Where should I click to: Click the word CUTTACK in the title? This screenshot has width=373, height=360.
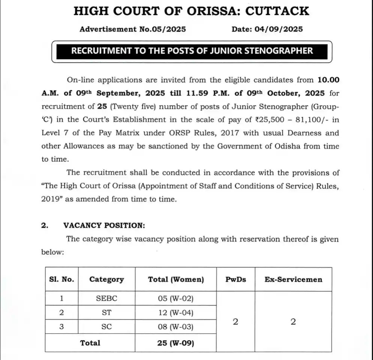pyautogui.click(x=277, y=10)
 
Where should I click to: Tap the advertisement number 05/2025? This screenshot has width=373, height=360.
pyautogui.click(x=169, y=29)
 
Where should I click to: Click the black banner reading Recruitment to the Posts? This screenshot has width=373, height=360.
pyautogui.click(x=192, y=51)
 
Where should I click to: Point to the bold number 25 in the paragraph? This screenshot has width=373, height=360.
pyautogui.click(x=100, y=106)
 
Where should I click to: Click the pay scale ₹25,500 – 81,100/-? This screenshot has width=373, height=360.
pyautogui.click(x=287, y=120)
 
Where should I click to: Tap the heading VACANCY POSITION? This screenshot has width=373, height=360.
pyautogui.click(x=104, y=225)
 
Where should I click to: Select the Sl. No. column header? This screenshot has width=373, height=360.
pyautogui.click(x=61, y=279)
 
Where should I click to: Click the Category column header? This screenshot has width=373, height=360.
pyautogui.click(x=106, y=279)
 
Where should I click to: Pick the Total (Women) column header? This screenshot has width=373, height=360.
pyautogui.click(x=176, y=279)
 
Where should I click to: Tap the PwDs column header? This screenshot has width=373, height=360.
pyautogui.click(x=236, y=279)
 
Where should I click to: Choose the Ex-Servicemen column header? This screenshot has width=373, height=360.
pyautogui.click(x=293, y=279)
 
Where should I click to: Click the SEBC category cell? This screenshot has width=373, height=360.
pyautogui.click(x=106, y=299)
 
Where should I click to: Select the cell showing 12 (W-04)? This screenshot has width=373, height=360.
pyautogui.click(x=176, y=312)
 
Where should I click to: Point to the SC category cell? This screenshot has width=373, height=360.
pyautogui.click(x=106, y=327)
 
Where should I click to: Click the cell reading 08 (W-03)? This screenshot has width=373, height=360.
pyautogui.click(x=176, y=327)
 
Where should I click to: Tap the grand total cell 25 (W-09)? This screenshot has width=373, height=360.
pyautogui.click(x=176, y=342)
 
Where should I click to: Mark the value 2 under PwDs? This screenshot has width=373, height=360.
pyautogui.click(x=235, y=321)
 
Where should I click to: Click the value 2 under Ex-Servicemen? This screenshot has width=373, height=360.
pyautogui.click(x=293, y=321)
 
